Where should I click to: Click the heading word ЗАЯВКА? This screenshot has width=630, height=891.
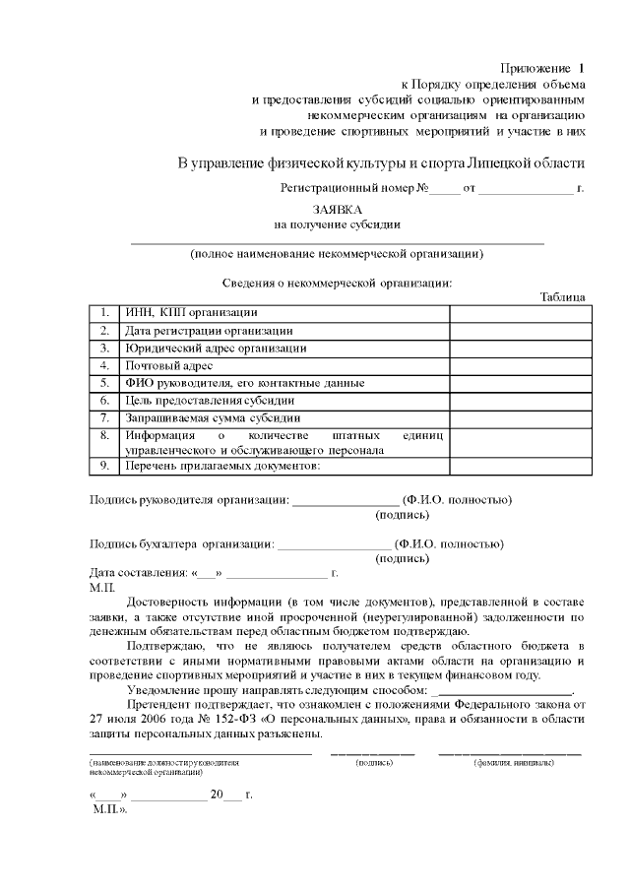point(338,209)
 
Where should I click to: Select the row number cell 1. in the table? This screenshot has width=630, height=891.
point(103,313)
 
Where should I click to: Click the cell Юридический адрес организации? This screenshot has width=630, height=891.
point(215,348)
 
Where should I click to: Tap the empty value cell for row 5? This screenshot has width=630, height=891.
point(519,383)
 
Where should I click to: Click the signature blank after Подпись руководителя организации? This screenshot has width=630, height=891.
point(346,501)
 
